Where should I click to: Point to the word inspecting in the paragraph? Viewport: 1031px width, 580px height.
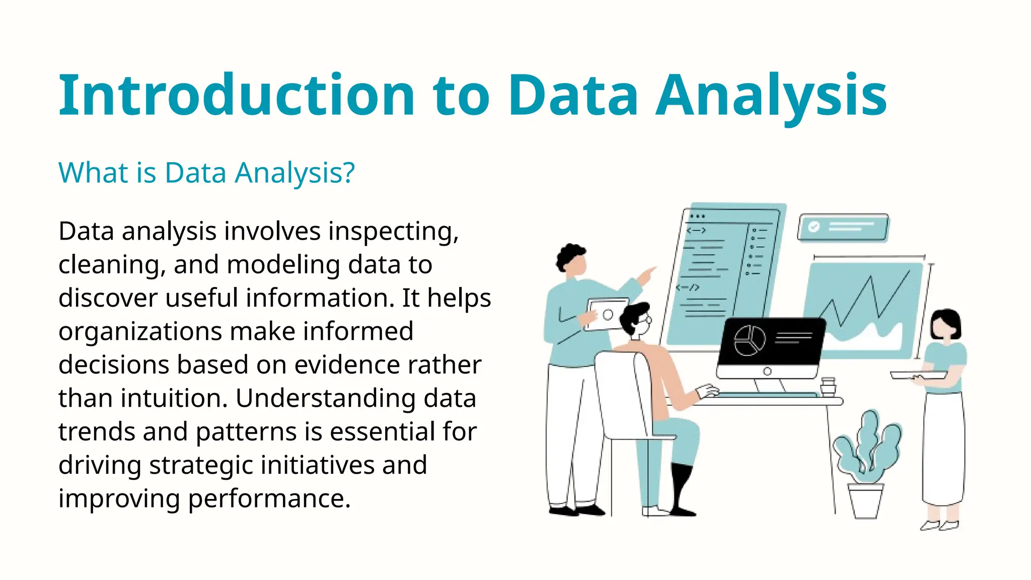pos(393,232)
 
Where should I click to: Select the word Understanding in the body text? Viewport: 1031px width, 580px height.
pos(325,398)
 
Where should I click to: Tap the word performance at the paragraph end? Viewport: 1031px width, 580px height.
pos(269,498)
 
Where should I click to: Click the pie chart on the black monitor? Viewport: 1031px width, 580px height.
pos(750,340)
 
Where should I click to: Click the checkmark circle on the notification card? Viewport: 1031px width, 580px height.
pos(814,227)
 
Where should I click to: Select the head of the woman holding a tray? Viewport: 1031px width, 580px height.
pos(945,324)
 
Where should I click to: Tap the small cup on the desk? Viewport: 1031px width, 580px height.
pos(828,386)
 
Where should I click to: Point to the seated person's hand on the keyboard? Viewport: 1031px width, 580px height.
pos(707,391)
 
